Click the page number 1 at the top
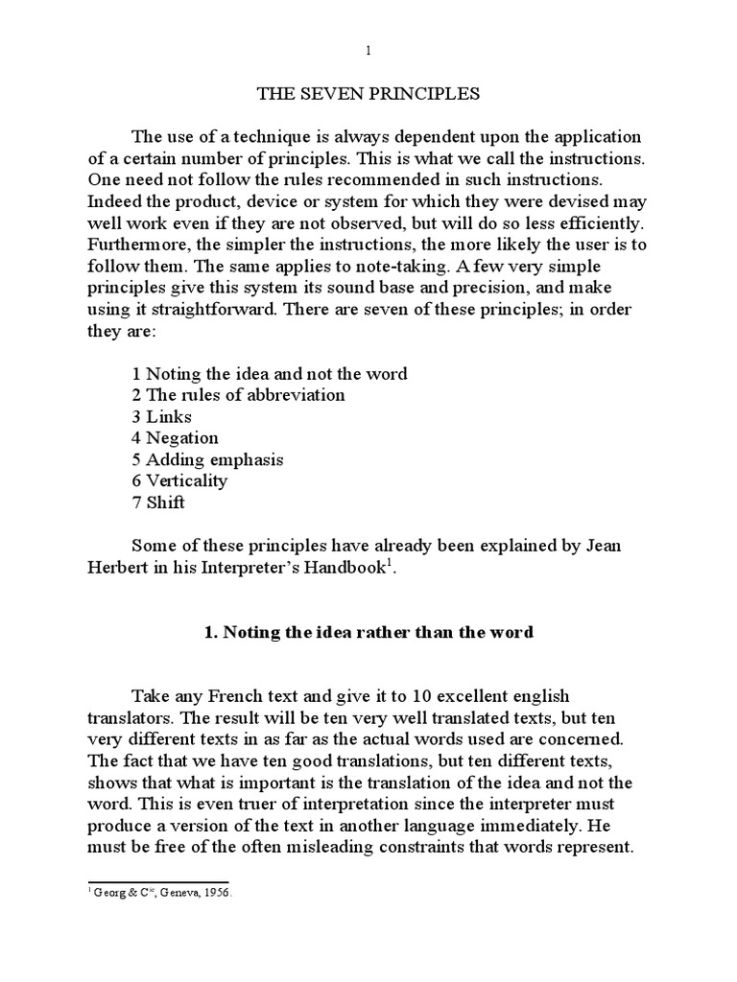pos(368,50)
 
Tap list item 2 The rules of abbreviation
pos(238,395)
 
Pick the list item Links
pos(162,417)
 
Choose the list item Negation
pos(176,438)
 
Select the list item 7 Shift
pos(157,502)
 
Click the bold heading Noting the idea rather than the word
pos(368,632)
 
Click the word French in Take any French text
pos(238,695)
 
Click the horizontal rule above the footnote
pos(158,881)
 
